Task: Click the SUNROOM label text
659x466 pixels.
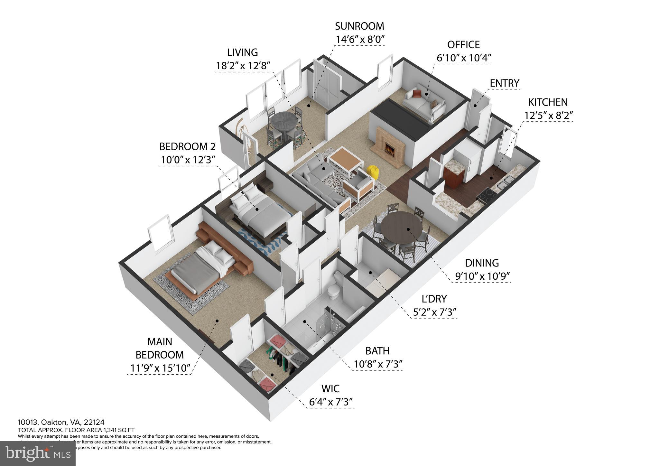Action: coord(359,26)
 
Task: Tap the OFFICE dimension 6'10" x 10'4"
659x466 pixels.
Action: coord(463,58)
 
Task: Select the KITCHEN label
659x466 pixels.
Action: coord(548,102)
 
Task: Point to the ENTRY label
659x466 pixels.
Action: coord(504,83)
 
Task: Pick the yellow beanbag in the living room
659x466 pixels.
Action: coord(373,172)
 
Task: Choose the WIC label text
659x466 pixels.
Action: coord(330,388)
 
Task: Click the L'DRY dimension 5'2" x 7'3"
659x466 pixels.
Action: coord(434,312)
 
